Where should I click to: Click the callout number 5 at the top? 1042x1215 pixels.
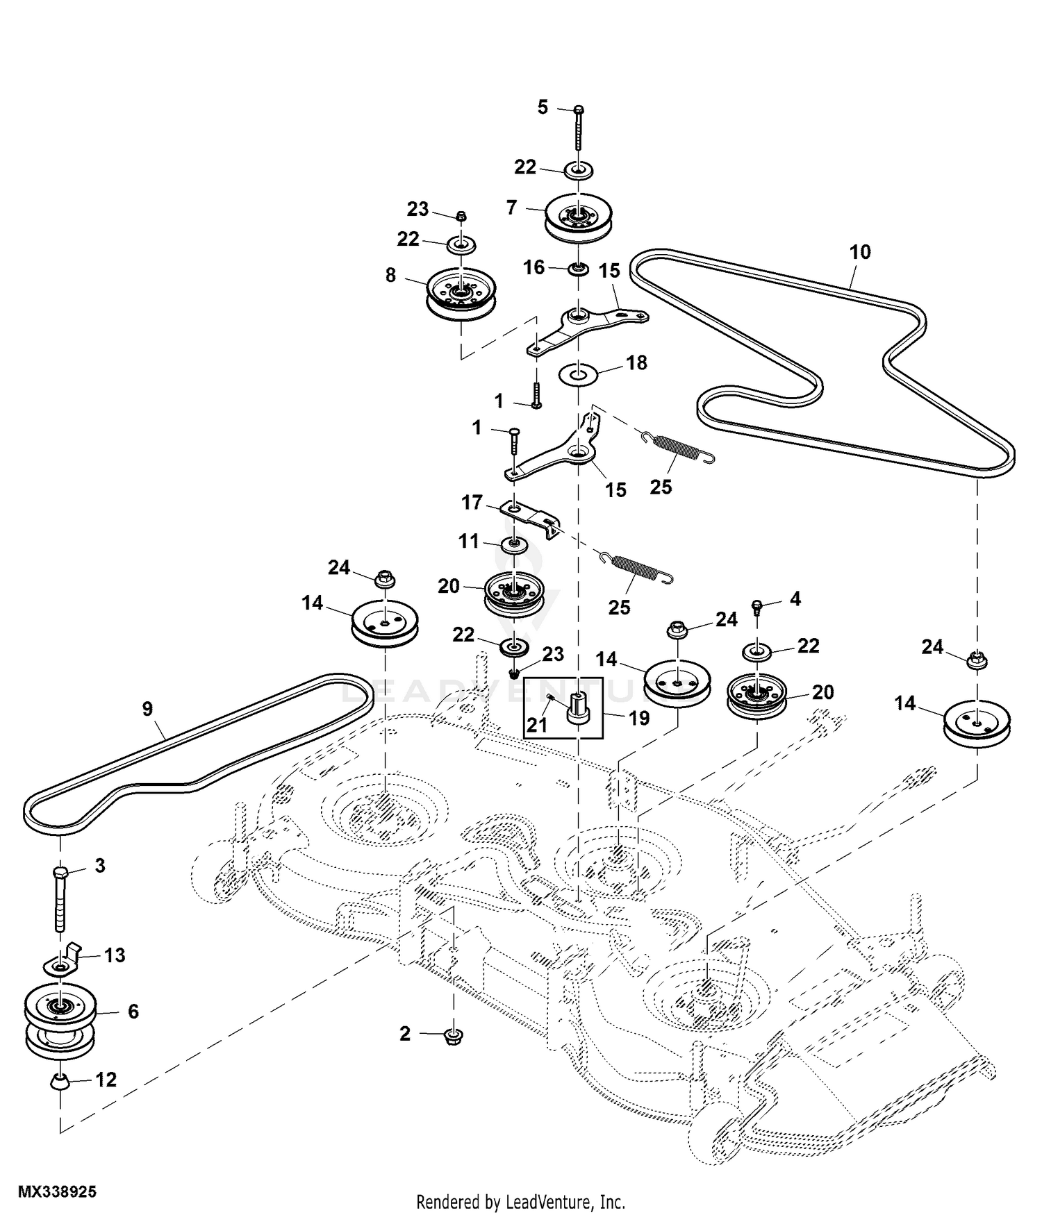click(x=543, y=107)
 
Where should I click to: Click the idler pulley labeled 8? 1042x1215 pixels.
click(x=460, y=296)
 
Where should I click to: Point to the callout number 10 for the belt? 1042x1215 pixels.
click(x=860, y=251)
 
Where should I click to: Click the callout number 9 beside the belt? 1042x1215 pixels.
click(x=147, y=709)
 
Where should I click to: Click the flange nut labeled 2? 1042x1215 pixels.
click(x=453, y=1037)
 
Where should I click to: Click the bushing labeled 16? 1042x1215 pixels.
click(x=577, y=268)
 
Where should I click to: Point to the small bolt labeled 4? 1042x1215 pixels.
click(x=758, y=607)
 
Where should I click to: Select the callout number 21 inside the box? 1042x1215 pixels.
click(x=537, y=725)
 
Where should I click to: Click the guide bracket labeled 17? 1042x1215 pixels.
click(x=531, y=518)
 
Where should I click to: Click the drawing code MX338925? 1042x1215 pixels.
click(x=57, y=1192)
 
